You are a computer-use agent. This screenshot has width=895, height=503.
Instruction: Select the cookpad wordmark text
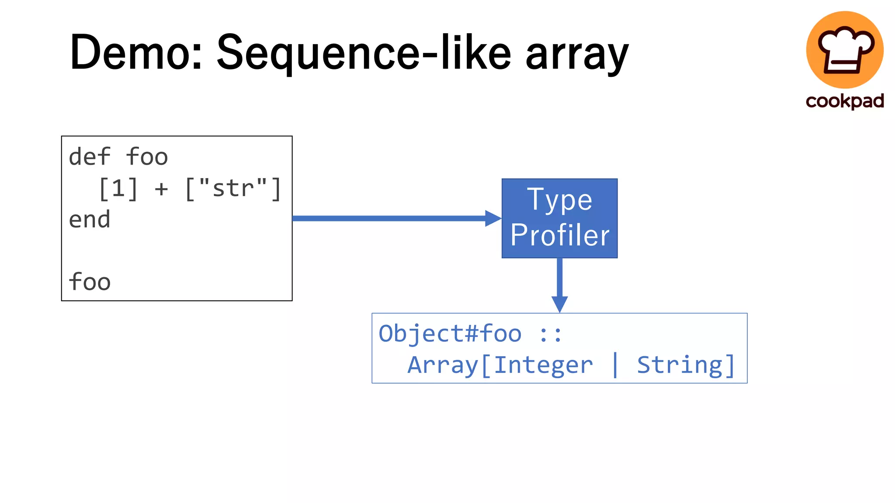coord(844,101)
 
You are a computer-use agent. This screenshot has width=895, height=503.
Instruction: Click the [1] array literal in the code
coord(118,189)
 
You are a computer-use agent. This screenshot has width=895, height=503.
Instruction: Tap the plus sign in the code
coord(161,189)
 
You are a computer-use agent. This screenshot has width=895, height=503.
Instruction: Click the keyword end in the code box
coord(90,220)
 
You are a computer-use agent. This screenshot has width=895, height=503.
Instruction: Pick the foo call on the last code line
coord(90,282)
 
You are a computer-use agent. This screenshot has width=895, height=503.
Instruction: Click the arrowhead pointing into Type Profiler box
coord(493,218)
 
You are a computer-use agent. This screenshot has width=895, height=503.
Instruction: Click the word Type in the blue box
coord(559,200)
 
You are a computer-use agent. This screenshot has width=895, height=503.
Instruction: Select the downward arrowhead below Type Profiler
coord(559,303)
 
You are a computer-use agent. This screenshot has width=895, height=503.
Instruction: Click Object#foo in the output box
coord(450,334)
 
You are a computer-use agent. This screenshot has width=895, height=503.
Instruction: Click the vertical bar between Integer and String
coord(615,365)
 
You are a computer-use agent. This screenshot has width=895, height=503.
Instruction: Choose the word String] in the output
coord(685,365)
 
